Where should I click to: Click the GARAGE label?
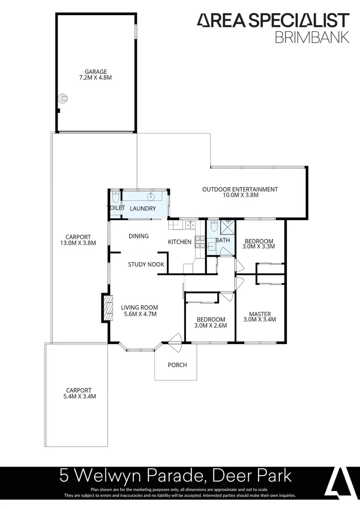pyautogui.click(x=96, y=72)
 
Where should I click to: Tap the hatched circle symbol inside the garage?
pyautogui.click(x=62, y=99)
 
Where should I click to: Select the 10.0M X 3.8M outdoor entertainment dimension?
pyautogui.click(x=240, y=195)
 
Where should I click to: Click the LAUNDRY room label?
pyautogui.click(x=143, y=208)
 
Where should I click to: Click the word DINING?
pyautogui.click(x=139, y=236)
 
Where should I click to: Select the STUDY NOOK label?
pyautogui.click(x=146, y=264)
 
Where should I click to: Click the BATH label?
pyautogui.click(x=222, y=240)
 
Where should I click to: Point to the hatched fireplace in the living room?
pyautogui.click(x=109, y=309)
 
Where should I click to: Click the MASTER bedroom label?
pyautogui.click(x=260, y=314)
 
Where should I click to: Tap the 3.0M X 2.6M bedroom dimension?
pyautogui.click(x=210, y=325)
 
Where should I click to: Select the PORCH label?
pyautogui.click(x=177, y=365)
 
